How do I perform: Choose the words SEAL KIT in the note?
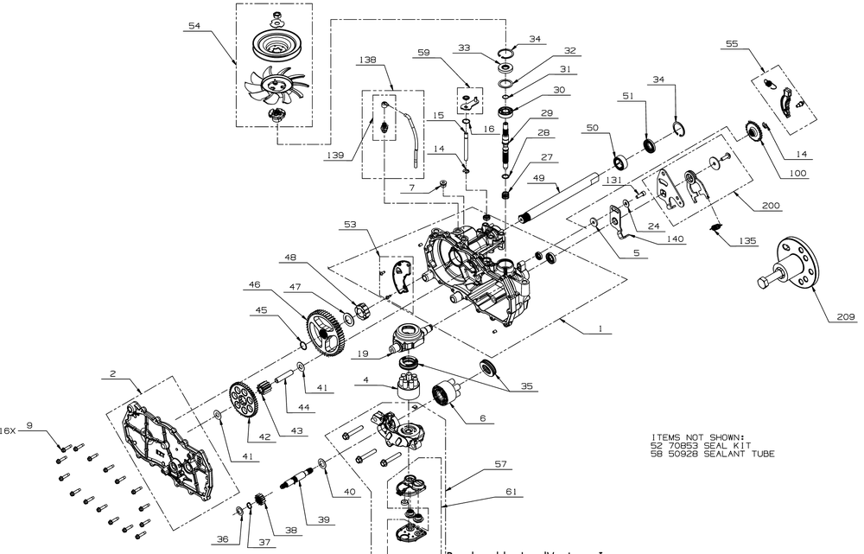(x=718, y=445)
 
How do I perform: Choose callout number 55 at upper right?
(x=732, y=42)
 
